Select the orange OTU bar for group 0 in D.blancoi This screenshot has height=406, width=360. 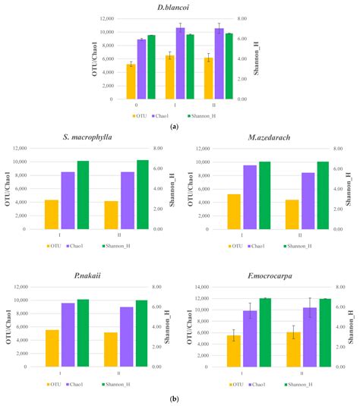tap(131, 81)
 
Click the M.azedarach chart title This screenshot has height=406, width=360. tap(267, 137)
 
